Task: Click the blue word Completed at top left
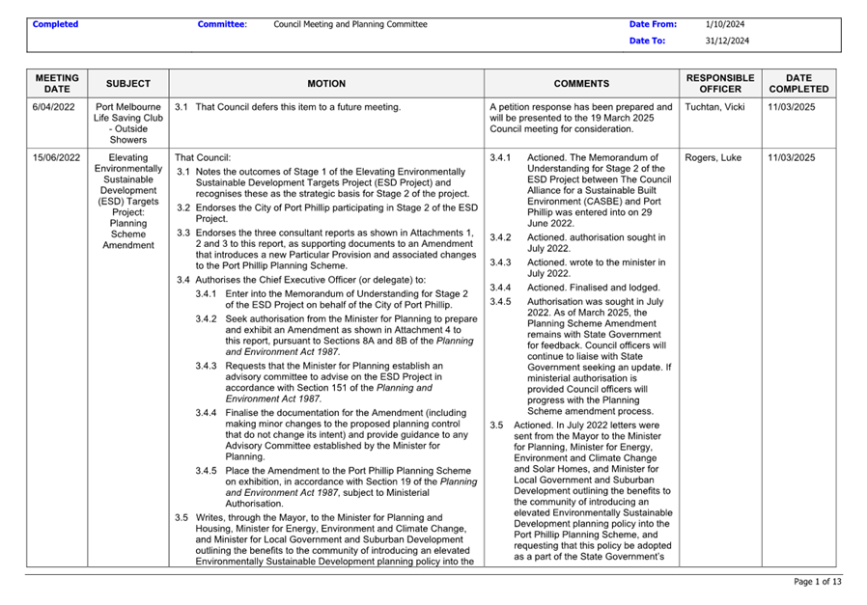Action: pyautogui.click(x=55, y=24)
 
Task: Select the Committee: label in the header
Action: pyautogui.click(x=222, y=24)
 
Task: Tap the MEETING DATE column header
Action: pyautogui.click(x=57, y=83)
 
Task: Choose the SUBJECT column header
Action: pyautogui.click(x=128, y=84)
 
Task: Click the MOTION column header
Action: pyautogui.click(x=326, y=84)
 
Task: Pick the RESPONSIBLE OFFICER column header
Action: pyautogui.click(x=719, y=83)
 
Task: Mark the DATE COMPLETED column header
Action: pyautogui.click(x=799, y=83)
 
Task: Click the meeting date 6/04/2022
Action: pyautogui.click(x=56, y=107)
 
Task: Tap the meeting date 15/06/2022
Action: pyautogui.click(x=56, y=157)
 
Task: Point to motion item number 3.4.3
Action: pyautogui.click(x=207, y=366)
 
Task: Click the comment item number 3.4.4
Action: pyautogui.click(x=500, y=288)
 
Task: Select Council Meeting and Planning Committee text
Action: pyautogui.click(x=350, y=24)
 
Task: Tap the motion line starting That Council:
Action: pyautogui.click(x=203, y=157)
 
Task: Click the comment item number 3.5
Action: pyautogui.click(x=496, y=425)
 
